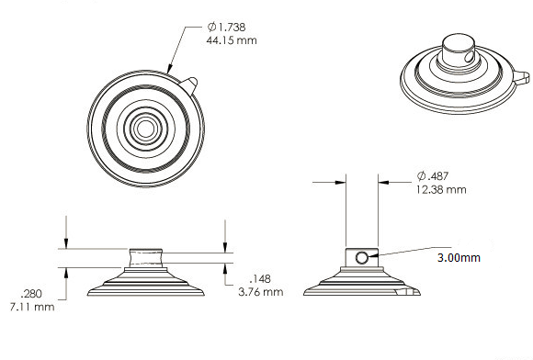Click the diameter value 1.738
tap(232, 28)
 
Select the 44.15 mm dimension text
tap(232, 40)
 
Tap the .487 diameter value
tap(438, 176)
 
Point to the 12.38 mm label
tap(441, 189)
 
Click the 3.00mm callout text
tap(459, 258)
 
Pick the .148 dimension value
tap(260, 279)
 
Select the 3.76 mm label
tap(261, 292)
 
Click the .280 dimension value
tap(31, 294)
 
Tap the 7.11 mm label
tap(32, 307)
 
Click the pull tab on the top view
tap(188, 84)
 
